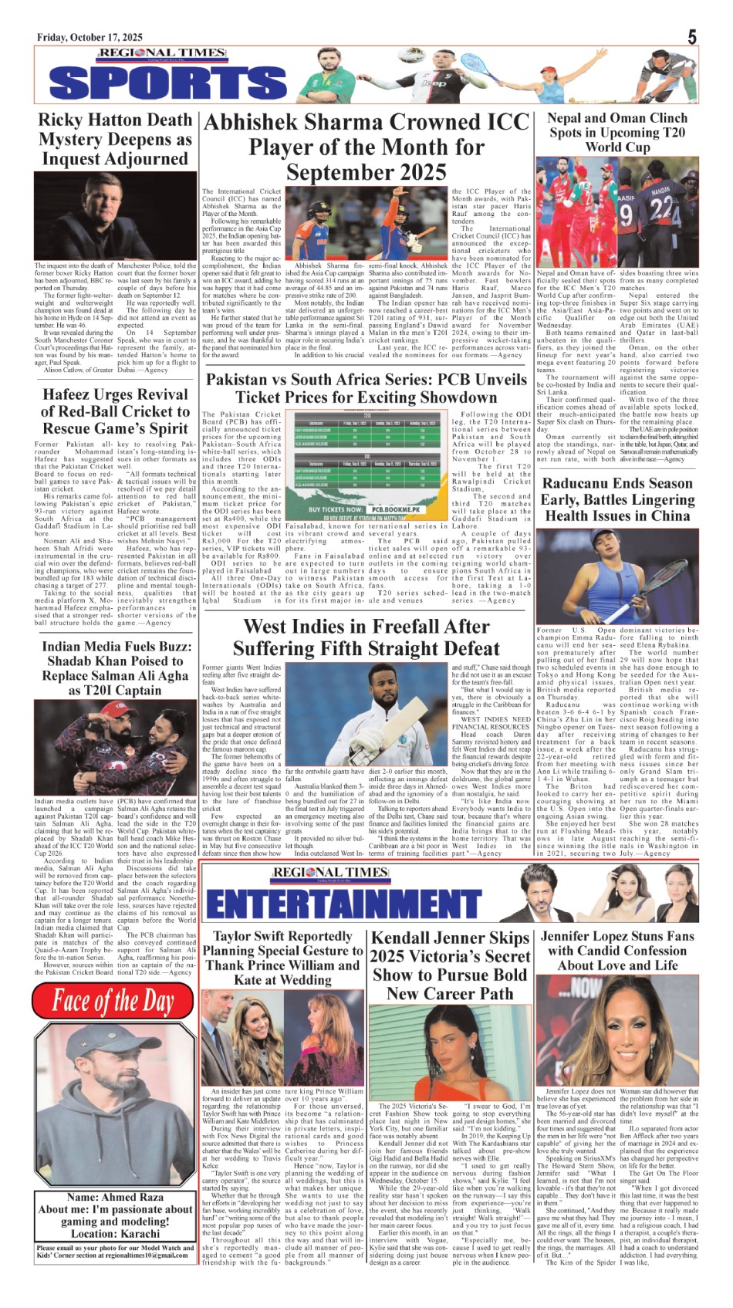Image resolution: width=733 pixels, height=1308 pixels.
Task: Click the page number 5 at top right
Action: (x=692, y=37)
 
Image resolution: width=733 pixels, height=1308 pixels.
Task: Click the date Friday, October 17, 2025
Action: (x=90, y=38)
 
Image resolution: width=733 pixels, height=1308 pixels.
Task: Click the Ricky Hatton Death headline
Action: (x=115, y=140)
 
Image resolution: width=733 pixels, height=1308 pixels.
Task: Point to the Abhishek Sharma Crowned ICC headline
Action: (x=366, y=147)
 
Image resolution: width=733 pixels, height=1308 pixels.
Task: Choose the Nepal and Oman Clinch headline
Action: (x=617, y=132)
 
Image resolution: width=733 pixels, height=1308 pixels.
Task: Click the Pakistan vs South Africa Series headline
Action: (x=366, y=388)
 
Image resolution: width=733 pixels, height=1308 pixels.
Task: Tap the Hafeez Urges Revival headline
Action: (x=115, y=411)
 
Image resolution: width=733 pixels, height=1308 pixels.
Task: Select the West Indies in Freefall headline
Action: (x=366, y=637)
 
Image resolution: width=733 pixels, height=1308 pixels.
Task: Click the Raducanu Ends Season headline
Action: (x=617, y=499)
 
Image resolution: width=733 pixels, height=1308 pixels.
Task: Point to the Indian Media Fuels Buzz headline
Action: (x=115, y=668)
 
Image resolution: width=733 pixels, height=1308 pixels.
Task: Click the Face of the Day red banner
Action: (x=113, y=1001)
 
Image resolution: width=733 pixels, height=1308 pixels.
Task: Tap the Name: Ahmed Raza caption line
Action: (x=116, y=1197)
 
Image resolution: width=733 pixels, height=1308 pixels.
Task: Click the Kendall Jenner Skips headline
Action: (x=451, y=965)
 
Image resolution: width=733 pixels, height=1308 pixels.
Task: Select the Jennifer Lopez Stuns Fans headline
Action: (x=618, y=950)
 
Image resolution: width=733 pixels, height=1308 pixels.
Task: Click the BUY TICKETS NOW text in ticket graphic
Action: (x=335, y=509)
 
